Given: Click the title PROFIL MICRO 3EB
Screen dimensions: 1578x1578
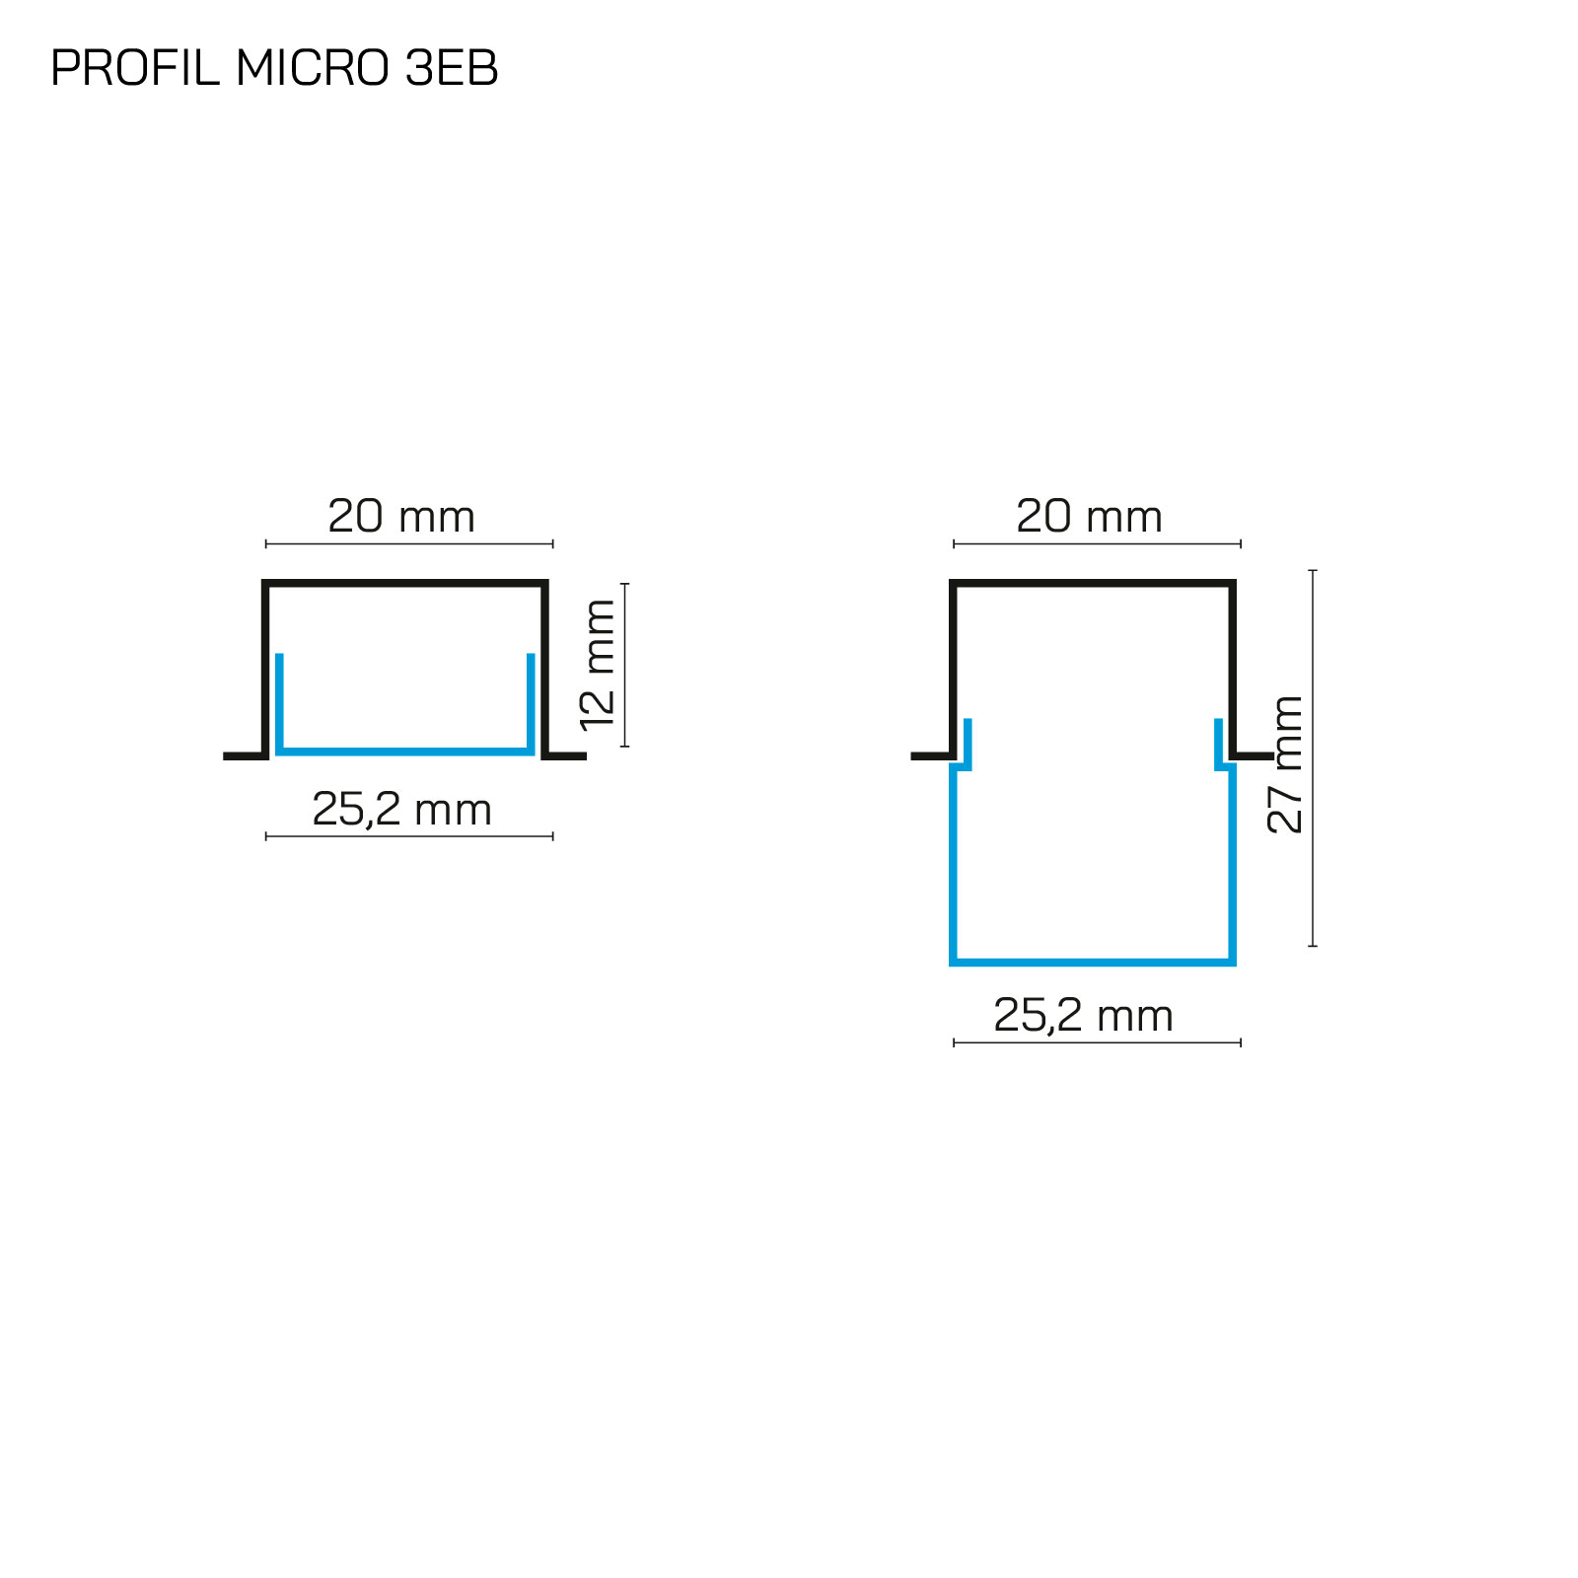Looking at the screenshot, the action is pos(274,68).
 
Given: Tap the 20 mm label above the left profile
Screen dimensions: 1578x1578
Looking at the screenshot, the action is pos(401,517).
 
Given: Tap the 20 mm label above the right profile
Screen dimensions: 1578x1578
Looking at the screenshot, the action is pos(1089,517).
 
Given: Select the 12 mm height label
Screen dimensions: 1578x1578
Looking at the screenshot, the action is pos(598,666).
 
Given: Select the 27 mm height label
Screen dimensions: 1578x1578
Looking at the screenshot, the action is pos(1285,764).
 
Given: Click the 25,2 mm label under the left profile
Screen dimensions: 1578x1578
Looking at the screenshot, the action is pos(401,810).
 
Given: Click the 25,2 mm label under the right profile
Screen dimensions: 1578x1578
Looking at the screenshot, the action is pos(1083,1016).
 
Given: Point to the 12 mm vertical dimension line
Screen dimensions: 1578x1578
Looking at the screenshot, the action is pos(625,665).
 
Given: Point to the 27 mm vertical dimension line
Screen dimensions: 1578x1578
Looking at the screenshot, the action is pos(1313,757).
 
